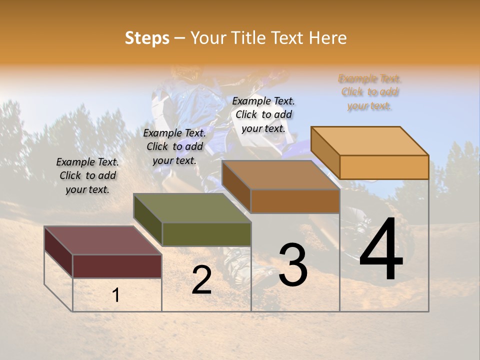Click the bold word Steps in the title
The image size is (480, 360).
147,38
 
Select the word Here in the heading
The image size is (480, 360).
327,38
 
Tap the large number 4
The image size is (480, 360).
381,250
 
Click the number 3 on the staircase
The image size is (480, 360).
293,265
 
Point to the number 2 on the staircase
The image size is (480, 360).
201,280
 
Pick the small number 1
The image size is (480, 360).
116,295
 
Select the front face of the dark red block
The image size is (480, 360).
117,266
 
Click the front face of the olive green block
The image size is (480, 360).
206,234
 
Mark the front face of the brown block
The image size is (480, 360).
295,201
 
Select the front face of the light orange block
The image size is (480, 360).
384,167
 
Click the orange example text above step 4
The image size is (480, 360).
370,92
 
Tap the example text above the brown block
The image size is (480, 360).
263,114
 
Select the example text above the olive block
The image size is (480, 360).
174,146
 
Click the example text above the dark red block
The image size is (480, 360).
87,175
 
